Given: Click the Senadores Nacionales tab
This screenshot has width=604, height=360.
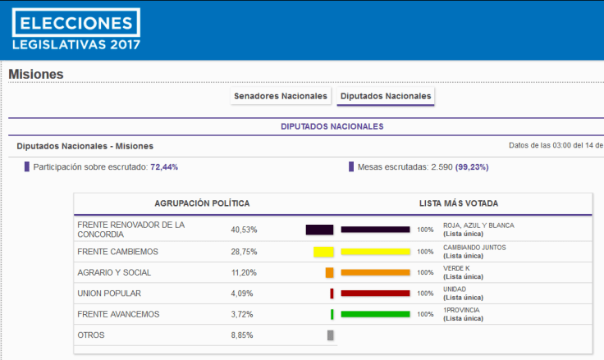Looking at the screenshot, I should pos(281,96).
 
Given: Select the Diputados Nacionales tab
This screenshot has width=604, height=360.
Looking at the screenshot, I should pos(385,96).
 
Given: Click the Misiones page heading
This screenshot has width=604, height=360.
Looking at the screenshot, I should pos(36,75).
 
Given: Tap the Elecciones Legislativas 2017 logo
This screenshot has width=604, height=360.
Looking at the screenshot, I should pos(75,30).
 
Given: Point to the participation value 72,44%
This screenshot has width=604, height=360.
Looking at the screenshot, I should pos(164,166).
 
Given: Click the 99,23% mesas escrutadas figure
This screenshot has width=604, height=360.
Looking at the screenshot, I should pos(471,166).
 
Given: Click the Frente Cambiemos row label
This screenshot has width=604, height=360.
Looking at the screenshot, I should pos(117,251).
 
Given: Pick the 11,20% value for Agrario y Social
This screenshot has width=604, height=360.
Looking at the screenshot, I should pos(244,272).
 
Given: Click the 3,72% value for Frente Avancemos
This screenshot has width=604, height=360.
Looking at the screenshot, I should pos(242,314).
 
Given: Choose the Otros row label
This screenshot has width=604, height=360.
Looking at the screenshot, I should pos(91,335).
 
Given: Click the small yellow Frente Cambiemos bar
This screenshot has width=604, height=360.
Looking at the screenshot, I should pos(323,252).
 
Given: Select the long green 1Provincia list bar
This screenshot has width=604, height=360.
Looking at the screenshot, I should pos(375,314).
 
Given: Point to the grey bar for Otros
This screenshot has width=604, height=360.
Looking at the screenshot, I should pos(330,335).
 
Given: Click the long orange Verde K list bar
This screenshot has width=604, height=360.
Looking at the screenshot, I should pos(375,272).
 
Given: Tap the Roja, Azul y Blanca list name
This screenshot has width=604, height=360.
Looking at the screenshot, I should pos(478,225).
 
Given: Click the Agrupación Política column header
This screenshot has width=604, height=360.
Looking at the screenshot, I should pos(202,203).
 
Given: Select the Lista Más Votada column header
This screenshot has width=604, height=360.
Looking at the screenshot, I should pos(459,203).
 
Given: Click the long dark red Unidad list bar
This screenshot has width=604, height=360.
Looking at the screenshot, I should pos(375,293).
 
